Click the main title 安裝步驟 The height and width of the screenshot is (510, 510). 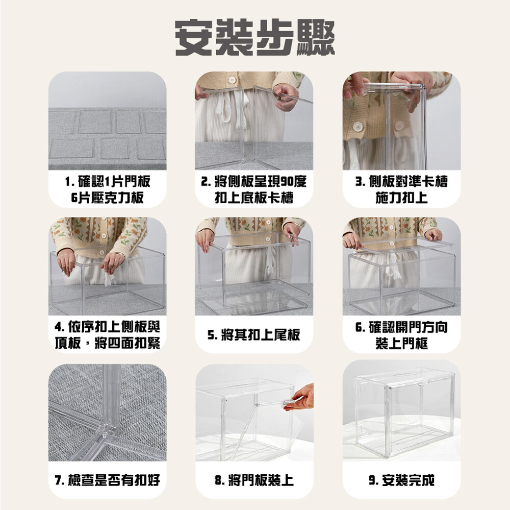click(254, 38)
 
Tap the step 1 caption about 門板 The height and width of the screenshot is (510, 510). click(107, 189)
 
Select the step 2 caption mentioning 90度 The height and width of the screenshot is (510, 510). click(254, 189)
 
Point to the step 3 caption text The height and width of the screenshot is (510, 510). click(401, 189)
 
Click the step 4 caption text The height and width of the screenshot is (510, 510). click(107, 335)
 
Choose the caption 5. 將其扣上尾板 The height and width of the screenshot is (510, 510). click(253, 335)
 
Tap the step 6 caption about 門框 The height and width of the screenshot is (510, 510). click(401, 335)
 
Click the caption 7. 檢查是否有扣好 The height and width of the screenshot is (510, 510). click(107, 480)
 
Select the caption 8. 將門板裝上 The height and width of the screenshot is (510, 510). click(254, 480)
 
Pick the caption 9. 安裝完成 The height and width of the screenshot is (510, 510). click(401, 480)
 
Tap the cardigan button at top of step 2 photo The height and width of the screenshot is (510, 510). click(232, 80)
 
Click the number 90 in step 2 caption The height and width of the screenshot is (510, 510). click(287, 182)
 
